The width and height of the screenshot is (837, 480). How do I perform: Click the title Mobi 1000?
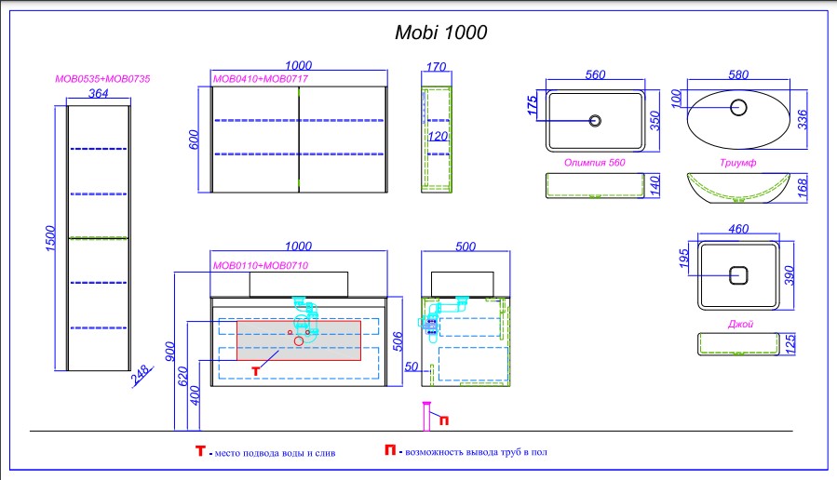coord(441,33)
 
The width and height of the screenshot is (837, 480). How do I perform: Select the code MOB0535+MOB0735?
coord(102,79)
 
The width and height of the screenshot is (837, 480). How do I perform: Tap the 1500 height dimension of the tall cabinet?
coord(50,238)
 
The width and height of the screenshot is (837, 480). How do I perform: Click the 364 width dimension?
coord(98,93)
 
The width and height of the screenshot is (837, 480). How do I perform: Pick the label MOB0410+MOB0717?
coord(261,79)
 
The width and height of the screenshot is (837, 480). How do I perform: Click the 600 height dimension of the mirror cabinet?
coord(194,140)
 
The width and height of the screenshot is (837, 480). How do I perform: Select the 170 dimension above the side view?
coord(436,67)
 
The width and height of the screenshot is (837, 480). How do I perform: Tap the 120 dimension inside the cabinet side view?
coord(438,137)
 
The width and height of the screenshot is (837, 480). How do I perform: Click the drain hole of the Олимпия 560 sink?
coord(595,121)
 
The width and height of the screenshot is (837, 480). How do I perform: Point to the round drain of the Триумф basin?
coord(738,108)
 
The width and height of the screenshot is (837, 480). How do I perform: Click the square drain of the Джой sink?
coord(738,275)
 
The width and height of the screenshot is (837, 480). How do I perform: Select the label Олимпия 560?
coord(595,163)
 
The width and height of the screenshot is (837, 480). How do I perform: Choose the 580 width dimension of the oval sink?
coord(738,74)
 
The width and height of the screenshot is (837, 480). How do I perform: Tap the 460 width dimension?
coord(738,229)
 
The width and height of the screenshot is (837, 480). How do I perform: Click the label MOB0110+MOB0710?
coord(261,266)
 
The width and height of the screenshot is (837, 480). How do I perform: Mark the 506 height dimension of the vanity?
coord(398,341)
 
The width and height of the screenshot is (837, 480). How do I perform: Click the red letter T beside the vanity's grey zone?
coord(256,371)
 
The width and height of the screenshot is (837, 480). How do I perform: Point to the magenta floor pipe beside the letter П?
coord(426,416)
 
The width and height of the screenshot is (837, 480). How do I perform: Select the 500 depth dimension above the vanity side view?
coord(466,247)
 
